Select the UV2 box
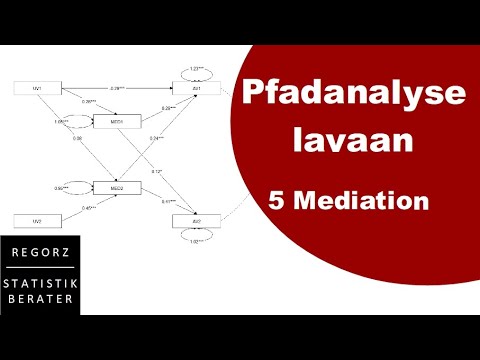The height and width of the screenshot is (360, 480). coord(35,218)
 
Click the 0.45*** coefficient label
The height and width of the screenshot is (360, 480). coord(88,208)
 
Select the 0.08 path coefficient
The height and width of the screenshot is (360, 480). coord(77,138)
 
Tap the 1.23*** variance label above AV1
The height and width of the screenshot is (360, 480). coord(197,67)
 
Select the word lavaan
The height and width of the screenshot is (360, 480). coord(353,141)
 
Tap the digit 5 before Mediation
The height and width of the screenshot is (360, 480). coord(276,201)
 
